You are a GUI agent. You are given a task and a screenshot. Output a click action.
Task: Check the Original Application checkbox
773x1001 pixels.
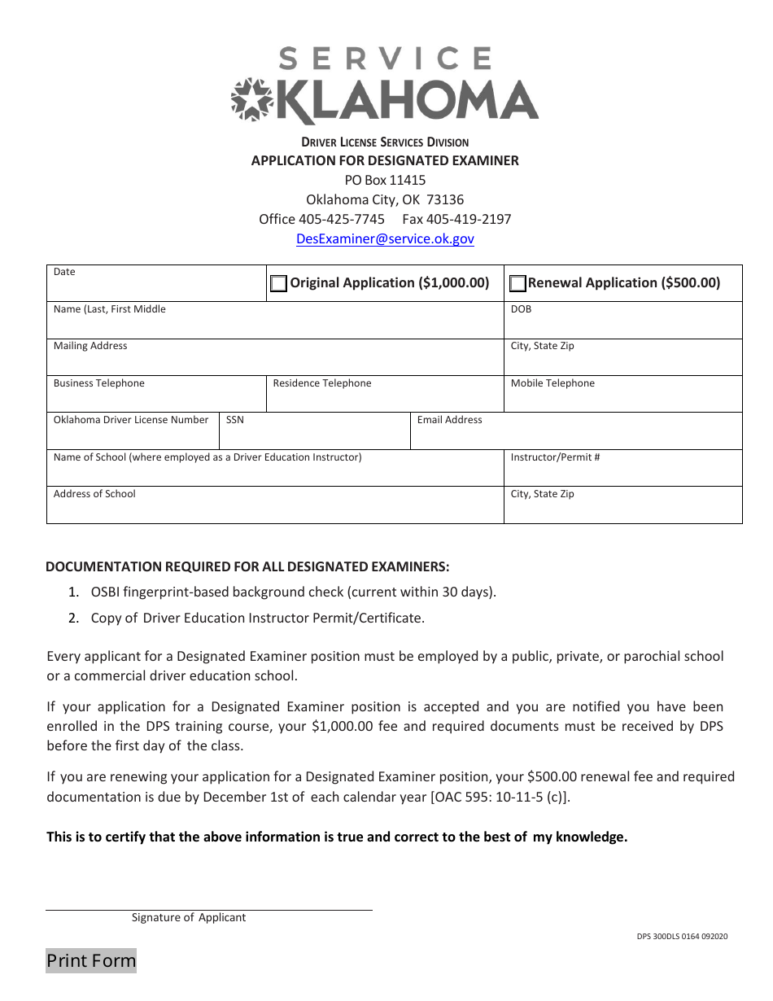pos(278,283)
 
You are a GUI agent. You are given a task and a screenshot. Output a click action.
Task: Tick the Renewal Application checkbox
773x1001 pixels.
pos(518,283)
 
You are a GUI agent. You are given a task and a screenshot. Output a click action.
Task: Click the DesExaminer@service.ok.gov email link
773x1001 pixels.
pos(385,238)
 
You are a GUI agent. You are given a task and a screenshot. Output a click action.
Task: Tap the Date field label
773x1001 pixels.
pos(64,272)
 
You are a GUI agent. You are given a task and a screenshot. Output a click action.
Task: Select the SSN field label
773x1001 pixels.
pos(234,420)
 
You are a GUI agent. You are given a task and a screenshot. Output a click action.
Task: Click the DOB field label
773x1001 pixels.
pos(521,309)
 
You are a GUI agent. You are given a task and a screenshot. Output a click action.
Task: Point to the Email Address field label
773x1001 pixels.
pos(449,420)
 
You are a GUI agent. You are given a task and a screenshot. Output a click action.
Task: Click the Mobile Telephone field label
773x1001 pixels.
pos(552,383)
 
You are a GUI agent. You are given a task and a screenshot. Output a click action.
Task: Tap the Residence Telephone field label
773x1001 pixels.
pos(322,383)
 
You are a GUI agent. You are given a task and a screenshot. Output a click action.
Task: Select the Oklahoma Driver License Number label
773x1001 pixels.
pos(131,420)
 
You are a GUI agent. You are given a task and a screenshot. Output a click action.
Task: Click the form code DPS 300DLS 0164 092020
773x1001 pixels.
pos(682,936)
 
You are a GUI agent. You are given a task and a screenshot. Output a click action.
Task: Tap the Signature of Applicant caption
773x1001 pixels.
pos(189,917)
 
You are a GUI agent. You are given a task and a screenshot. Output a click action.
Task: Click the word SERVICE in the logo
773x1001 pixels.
pos(386,59)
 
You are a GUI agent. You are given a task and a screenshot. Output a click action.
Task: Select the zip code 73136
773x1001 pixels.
pos(445,199)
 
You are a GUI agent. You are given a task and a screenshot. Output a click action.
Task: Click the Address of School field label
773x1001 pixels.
pos(94,494)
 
